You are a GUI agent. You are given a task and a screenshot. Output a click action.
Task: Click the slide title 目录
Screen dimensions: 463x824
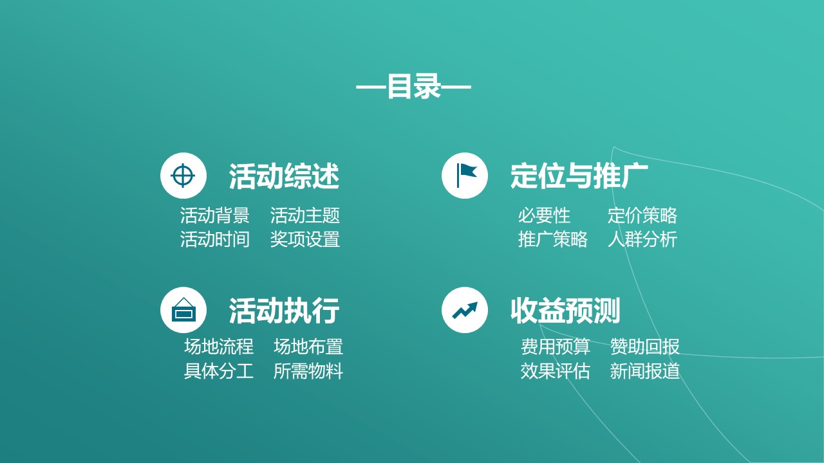(x=413, y=87)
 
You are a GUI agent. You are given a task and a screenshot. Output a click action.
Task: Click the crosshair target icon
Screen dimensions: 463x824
(x=183, y=176)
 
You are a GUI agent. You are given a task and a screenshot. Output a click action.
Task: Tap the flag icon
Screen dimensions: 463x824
(x=465, y=176)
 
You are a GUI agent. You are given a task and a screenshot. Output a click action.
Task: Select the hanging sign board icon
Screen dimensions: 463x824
(x=183, y=310)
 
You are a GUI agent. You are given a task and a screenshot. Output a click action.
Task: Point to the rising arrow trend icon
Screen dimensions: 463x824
(x=465, y=310)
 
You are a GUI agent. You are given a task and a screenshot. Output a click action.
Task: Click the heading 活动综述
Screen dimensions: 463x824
(x=284, y=176)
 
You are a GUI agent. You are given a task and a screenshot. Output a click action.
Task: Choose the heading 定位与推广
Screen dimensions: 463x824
(x=579, y=176)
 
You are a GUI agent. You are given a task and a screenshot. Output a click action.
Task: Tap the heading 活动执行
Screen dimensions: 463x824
(x=284, y=311)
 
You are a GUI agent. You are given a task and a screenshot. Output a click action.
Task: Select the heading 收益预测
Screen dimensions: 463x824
(x=565, y=311)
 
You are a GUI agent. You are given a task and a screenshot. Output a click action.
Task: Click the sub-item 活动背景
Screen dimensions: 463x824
(x=214, y=215)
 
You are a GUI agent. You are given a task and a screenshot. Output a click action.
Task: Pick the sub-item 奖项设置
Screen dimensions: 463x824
(x=305, y=239)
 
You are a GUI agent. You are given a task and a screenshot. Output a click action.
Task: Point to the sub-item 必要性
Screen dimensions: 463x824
(x=544, y=215)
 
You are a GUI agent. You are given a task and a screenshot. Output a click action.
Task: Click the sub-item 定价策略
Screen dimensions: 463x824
(x=642, y=215)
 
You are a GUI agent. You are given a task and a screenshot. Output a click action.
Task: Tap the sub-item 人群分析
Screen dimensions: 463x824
(x=642, y=239)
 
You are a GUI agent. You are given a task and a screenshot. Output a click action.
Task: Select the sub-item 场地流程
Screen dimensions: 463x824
(x=219, y=347)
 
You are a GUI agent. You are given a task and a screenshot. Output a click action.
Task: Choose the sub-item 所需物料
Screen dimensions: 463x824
(x=308, y=371)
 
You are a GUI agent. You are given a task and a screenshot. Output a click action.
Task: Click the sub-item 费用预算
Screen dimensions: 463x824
(x=556, y=347)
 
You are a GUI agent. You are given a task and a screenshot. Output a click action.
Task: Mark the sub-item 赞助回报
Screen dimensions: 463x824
(x=645, y=347)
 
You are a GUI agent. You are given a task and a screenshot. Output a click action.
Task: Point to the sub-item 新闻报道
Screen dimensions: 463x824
(x=645, y=371)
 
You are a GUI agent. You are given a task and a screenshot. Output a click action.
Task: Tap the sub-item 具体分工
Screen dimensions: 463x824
(x=219, y=371)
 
